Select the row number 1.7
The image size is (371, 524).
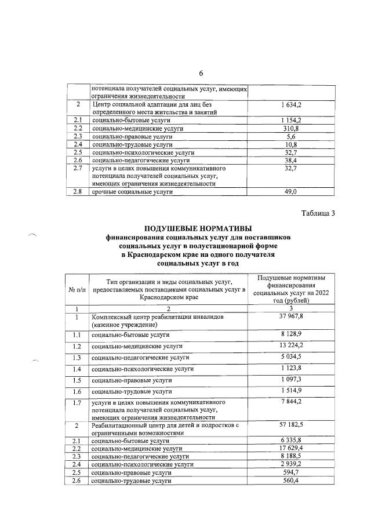click(x=77, y=403)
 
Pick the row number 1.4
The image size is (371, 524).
click(x=77, y=369)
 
